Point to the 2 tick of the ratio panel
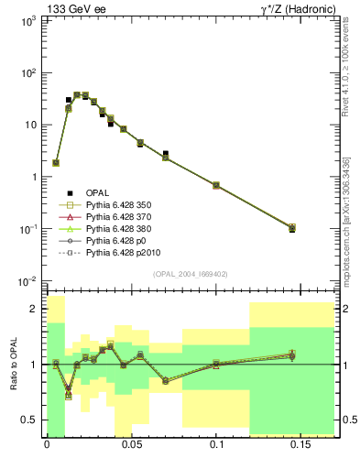point(33,310)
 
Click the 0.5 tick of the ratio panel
point(29,420)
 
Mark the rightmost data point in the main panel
point(291,227)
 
